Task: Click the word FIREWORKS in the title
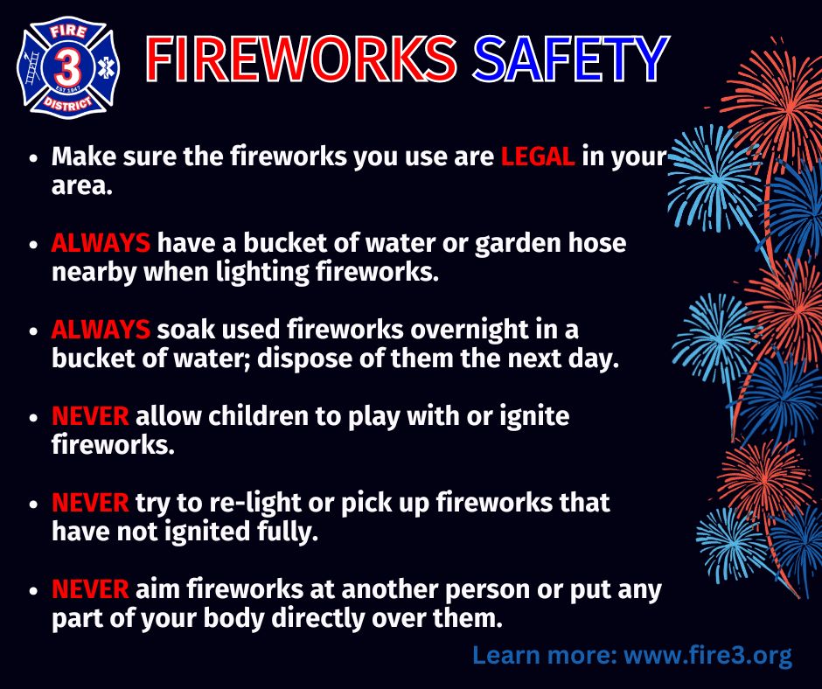pyautogui.click(x=301, y=59)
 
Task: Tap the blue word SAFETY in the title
pyautogui.click(x=571, y=59)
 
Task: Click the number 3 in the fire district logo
pyautogui.click(x=68, y=69)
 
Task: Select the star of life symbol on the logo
pyautogui.click(x=105, y=68)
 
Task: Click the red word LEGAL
pyautogui.click(x=538, y=157)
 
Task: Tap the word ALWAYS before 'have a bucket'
pyautogui.click(x=101, y=243)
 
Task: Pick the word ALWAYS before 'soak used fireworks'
pyautogui.click(x=101, y=330)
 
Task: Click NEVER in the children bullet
pyautogui.click(x=90, y=416)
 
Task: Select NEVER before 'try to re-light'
pyautogui.click(x=90, y=503)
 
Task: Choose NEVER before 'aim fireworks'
pyautogui.click(x=90, y=588)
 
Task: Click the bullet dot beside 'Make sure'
pyautogui.click(x=33, y=158)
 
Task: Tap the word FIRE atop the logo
pyautogui.click(x=68, y=32)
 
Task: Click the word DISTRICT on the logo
pyautogui.click(x=68, y=103)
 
